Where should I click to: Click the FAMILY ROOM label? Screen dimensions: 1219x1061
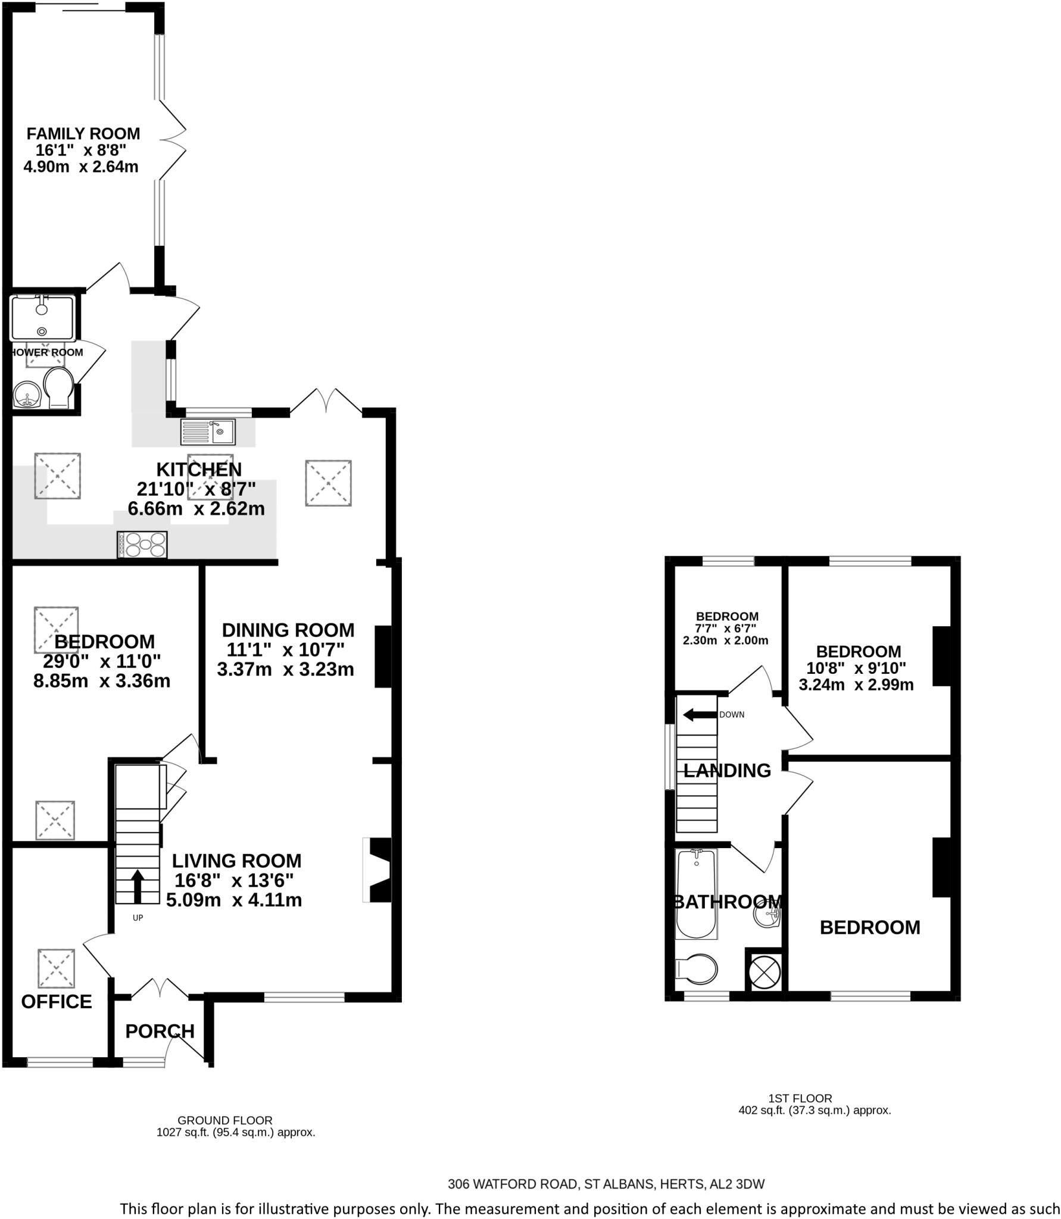pos(83,133)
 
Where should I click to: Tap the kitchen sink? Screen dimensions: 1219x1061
pos(208,431)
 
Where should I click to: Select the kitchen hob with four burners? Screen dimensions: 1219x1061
pos(142,544)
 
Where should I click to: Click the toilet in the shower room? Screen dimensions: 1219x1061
pos(58,387)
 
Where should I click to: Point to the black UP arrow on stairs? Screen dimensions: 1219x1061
pos(138,886)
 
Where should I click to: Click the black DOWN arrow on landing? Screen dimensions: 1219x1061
pos(699,714)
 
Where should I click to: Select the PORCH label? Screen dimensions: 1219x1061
pos(160,1030)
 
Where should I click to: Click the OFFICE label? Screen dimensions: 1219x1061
pos(57,1001)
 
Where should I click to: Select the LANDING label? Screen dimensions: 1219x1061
pos(726,771)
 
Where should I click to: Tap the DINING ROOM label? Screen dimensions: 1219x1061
pos(288,630)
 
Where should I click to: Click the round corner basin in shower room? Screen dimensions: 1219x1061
pos(27,393)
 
